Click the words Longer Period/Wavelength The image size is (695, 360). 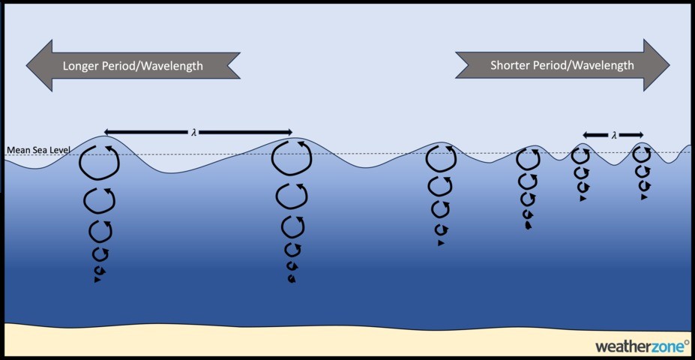click(133, 66)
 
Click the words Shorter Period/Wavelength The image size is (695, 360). click(562, 65)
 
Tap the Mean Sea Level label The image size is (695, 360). click(37, 150)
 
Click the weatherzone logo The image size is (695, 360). click(642, 346)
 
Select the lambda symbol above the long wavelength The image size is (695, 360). click(194, 132)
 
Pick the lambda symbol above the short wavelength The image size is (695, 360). click(614, 135)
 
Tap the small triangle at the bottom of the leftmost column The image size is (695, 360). click(97, 280)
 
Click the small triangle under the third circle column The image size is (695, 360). click(441, 243)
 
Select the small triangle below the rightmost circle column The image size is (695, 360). click(643, 197)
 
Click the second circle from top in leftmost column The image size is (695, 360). click(99, 201)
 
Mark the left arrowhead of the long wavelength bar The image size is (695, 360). click(107, 132)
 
